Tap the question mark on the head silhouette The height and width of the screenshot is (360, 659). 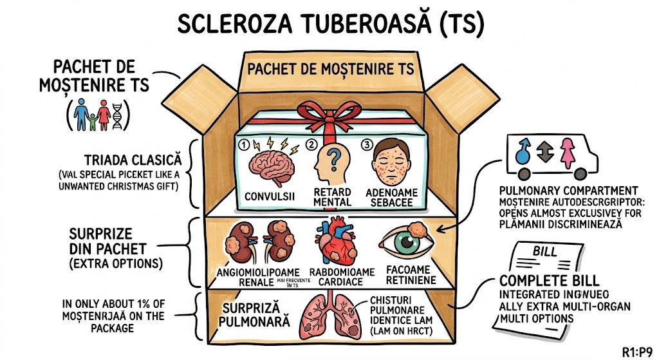point(333,158)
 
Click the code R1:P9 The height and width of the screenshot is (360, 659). point(638,352)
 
